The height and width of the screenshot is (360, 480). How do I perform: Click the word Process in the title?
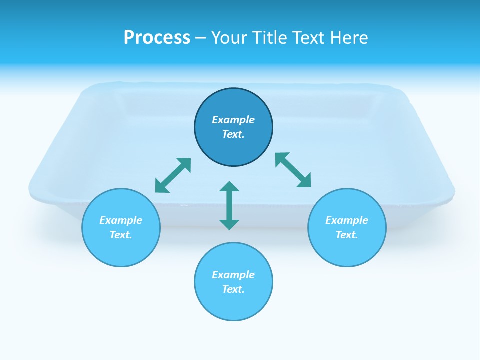157,38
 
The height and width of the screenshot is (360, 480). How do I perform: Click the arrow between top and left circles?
173,175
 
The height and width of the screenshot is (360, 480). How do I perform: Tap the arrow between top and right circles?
293,170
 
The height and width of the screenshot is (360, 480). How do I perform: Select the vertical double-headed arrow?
229,205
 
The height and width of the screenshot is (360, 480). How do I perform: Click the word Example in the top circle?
233,120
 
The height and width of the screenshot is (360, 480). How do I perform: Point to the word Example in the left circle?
121,220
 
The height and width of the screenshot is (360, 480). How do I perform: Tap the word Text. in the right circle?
347,235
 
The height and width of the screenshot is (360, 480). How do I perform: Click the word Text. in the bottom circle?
233,289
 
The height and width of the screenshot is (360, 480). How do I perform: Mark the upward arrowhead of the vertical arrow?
229,186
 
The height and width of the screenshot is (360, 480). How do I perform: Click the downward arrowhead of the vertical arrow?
229,224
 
